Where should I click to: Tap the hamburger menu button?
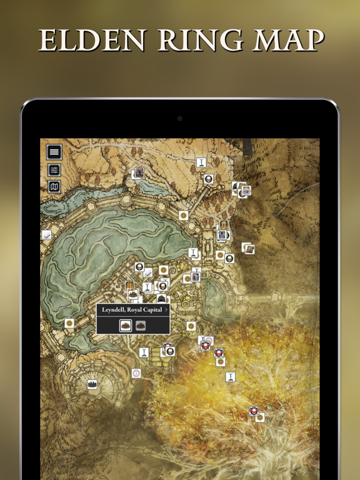(x=54, y=152)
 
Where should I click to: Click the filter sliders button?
(x=54, y=170)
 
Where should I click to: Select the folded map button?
(x=54, y=186)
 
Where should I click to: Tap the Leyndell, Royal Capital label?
(x=132, y=309)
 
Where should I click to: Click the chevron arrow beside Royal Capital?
(x=166, y=309)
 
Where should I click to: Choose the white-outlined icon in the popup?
(x=125, y=325)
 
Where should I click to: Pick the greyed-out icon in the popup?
(x=141, y=325)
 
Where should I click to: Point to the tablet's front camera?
(x=180, y=118)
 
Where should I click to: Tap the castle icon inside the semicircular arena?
(x=92, y=384)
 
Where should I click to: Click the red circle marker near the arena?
(x=136, y=373)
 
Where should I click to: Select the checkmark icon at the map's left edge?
(x=46, y=235)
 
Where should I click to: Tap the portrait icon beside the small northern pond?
(x=139, y=172)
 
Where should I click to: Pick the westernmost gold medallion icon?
(x=69, y=323)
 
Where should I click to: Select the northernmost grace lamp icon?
(x=201, y=162)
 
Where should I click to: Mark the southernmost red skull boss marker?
(x=253, y=411)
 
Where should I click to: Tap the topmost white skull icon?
(x=208, y=179)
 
